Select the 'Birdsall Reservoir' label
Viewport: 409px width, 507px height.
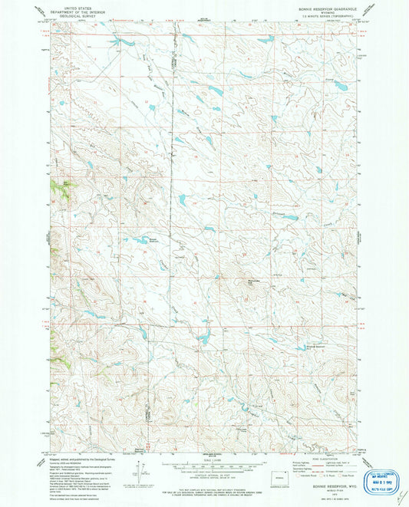305,343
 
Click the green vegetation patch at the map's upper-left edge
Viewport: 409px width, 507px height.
57,185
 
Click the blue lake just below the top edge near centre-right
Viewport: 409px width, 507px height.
265,40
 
